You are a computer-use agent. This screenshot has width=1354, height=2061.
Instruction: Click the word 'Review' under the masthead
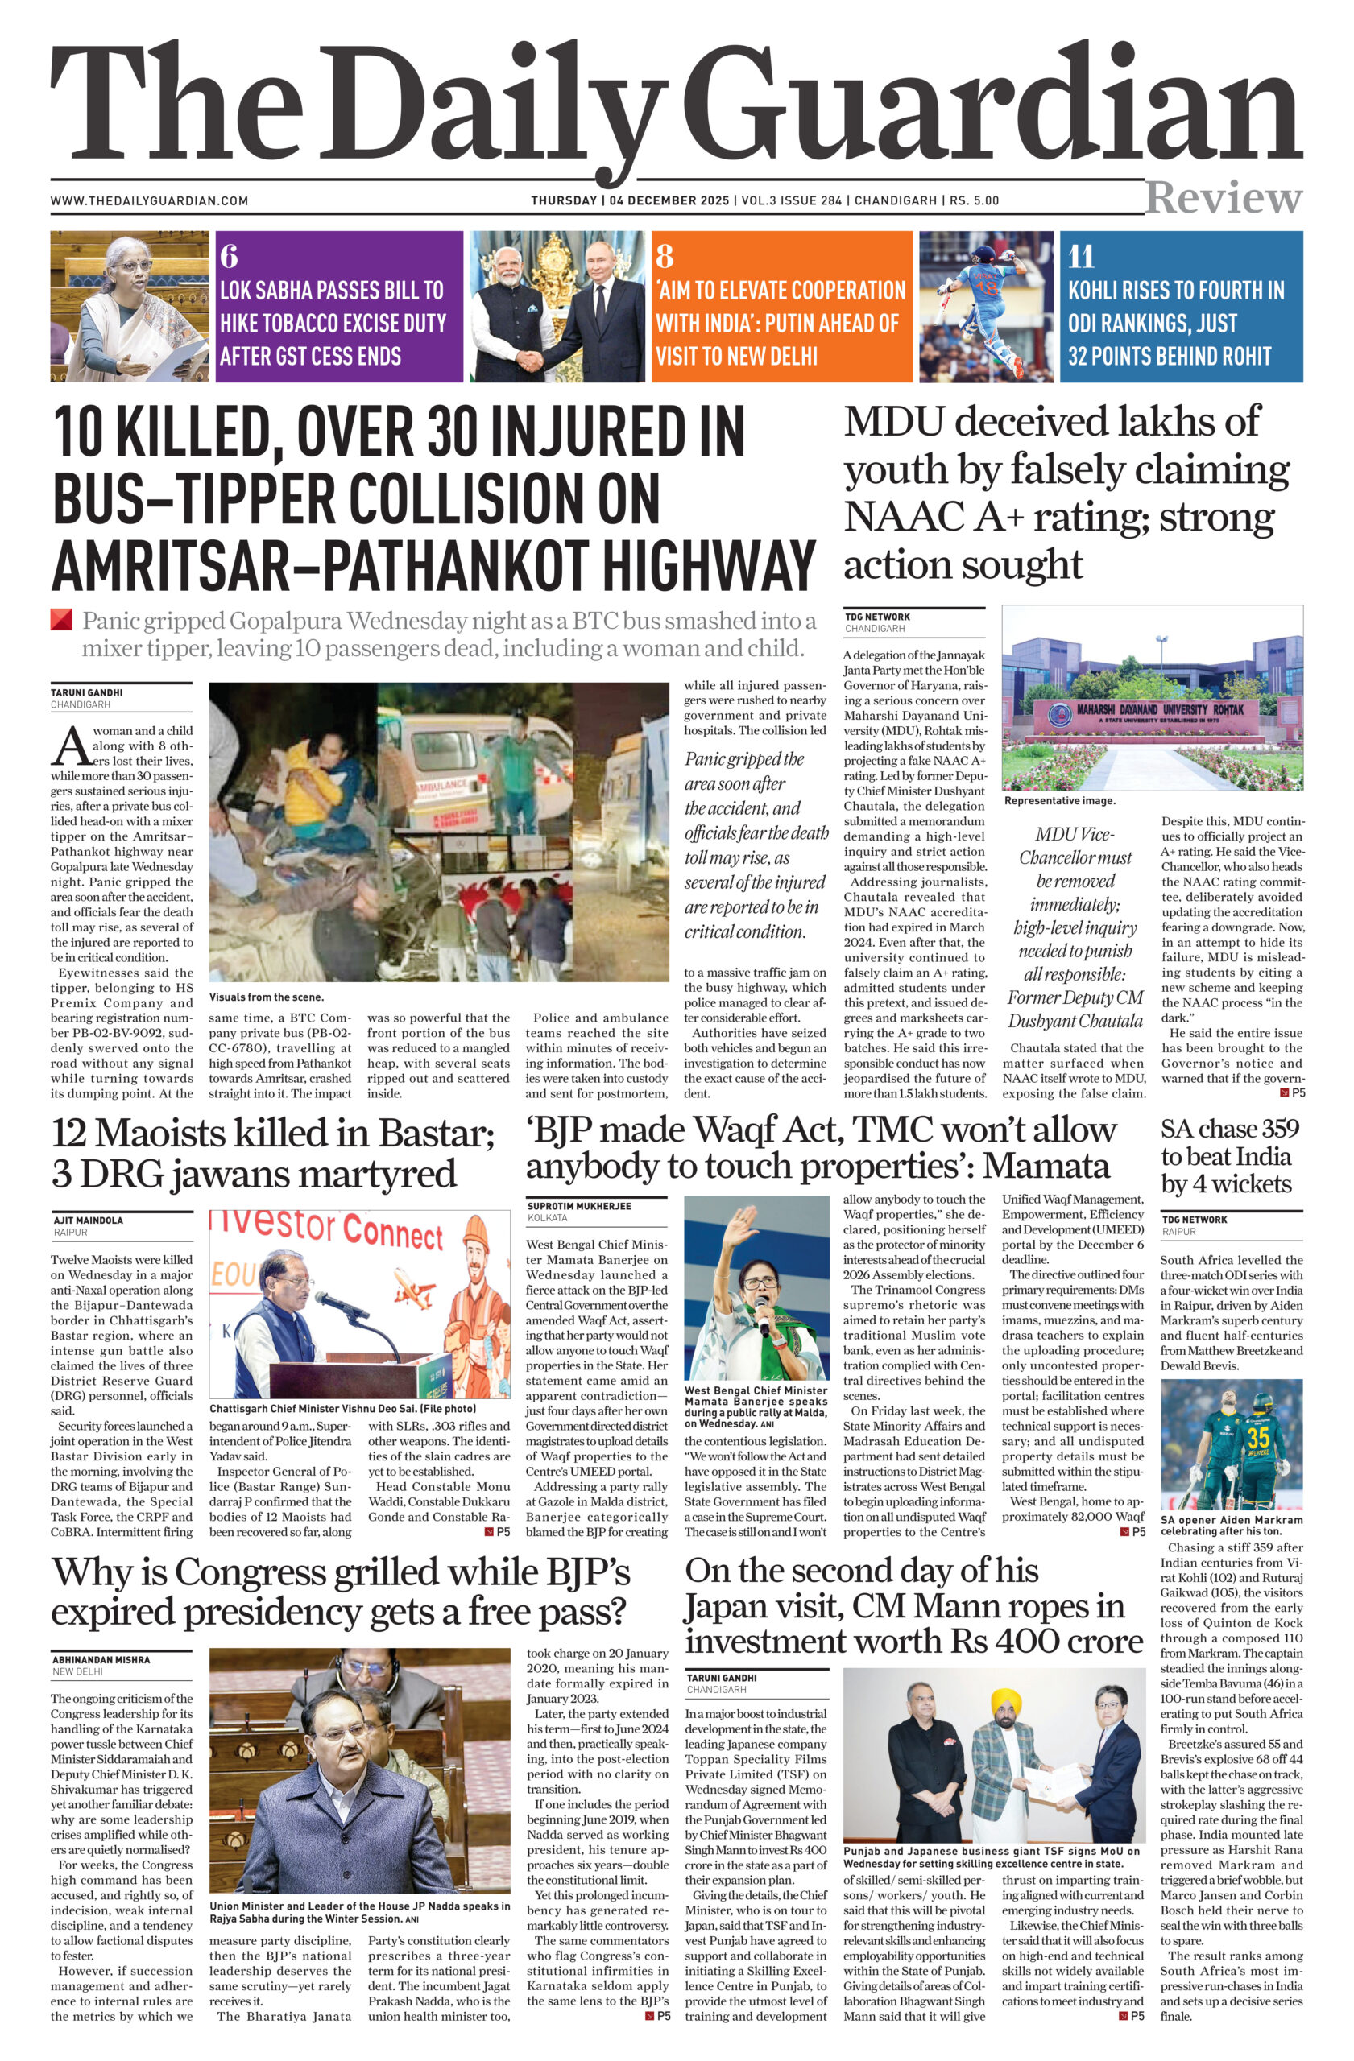[x=1223, y=198]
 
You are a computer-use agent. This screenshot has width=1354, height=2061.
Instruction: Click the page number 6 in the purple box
[x=229, y=256]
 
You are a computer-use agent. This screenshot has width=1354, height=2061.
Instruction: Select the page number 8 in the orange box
[x=665, y=256]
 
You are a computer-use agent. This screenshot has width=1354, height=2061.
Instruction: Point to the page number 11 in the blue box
[x=1081, y=256]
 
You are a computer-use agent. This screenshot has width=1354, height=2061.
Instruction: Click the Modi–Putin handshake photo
[x=558, y=306]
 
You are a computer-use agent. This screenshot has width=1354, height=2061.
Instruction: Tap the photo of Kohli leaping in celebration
[x=988, y=306]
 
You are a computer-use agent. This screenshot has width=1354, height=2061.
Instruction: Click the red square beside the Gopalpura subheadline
[x=60, y=619]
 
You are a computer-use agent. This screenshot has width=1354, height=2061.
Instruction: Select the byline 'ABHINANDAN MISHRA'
[x=101, y=1660]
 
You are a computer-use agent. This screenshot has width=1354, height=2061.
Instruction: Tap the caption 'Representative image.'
[x=1059, y=801]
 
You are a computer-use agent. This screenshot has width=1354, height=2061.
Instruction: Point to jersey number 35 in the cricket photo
[x=1258, y=1438]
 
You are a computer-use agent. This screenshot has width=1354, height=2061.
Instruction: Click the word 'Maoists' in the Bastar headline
[x=206, y=1134]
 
